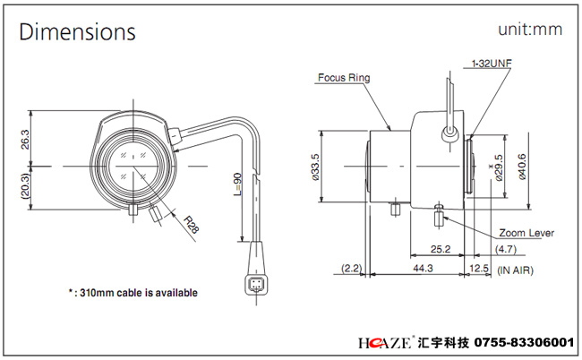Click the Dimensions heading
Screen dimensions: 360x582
pyautogui.click(x=78, y=32)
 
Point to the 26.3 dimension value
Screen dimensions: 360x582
pyautogui.click(x=24, y=141)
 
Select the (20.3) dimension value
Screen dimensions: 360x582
pyautogui.click(x=24, y=186)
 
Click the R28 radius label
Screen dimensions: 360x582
pyautogui.click(x=192, y=222)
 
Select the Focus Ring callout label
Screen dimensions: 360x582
pyautogui.click(x=344, y=78)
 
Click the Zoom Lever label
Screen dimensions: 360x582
pyautogui.click(x=527, y=233)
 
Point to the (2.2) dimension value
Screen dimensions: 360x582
pyautogui.click(x=350, y=268)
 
